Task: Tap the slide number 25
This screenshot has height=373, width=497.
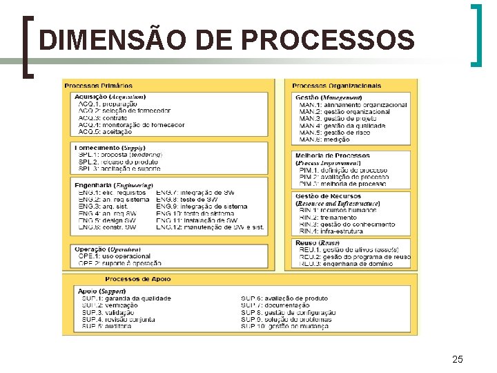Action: pos(457,359)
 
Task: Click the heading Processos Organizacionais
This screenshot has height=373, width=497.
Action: pos(336,86)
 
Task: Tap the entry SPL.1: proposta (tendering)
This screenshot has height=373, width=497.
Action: pos(120,155)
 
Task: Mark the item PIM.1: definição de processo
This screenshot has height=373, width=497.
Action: pos(343,170)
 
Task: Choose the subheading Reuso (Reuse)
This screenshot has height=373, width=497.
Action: pos(317,243)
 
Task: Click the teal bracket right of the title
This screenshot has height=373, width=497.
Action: pos(476,35)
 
